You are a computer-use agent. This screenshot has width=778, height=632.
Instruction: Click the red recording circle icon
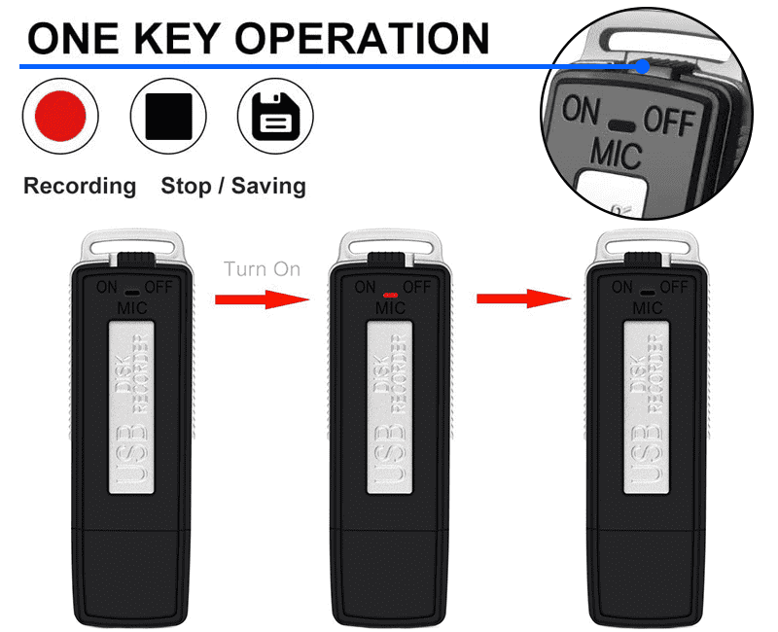[60, 116]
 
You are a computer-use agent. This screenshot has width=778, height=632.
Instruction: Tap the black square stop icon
[168, 116]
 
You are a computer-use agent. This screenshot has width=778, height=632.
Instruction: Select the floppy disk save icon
[275, 116]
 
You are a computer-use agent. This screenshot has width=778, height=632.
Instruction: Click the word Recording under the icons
[80, 187]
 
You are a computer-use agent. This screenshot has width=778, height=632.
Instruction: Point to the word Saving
[268, 187]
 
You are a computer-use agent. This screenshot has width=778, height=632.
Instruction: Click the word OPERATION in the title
[362, 39]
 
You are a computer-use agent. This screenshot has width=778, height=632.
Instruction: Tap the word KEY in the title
[177, 39]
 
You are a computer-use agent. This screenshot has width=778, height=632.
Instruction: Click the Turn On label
[262, 269]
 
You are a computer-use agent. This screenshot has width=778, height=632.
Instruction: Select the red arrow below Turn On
[262, 299]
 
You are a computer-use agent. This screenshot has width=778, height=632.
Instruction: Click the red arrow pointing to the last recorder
[523, 298]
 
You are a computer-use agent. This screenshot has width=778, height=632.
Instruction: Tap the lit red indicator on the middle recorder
[391, 296]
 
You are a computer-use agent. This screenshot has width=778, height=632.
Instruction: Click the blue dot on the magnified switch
[643, 66]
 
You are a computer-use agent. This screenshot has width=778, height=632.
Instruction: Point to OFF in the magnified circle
[669, 121]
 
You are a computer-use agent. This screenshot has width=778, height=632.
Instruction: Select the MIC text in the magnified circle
[617, 154]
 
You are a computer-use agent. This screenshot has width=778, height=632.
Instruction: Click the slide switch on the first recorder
[136, 260]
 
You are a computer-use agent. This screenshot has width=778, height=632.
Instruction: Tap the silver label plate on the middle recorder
[390, 407]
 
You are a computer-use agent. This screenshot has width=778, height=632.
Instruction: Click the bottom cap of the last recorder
[646, 577]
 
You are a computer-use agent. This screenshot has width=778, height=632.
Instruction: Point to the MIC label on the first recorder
[132, 308]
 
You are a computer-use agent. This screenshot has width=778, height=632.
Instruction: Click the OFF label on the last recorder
[674, 287]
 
